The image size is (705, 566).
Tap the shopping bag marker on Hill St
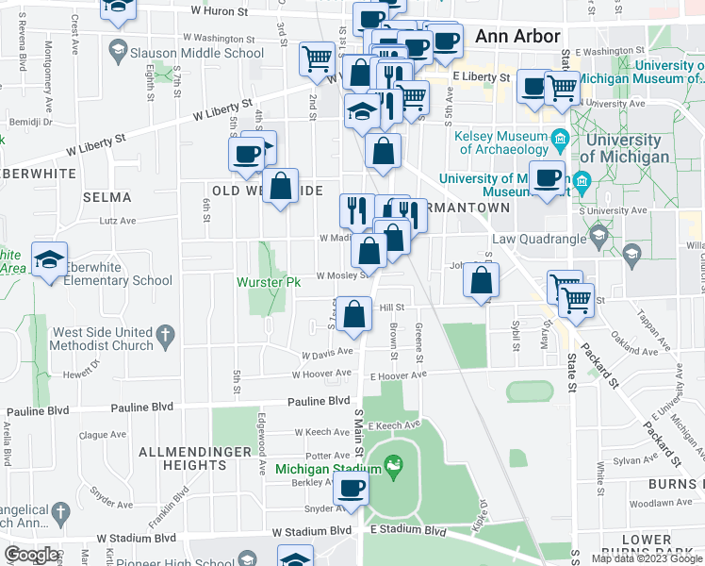(x=354, y=315)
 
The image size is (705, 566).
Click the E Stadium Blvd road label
(x=407, y=530)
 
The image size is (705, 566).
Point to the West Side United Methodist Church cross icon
(x=165, y=334)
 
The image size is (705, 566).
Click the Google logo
(x=32, y=555)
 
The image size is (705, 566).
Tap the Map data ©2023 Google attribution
(x=646, y=558)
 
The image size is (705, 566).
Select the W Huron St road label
(x=219, y=12)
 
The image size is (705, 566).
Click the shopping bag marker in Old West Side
(x=281, y=186)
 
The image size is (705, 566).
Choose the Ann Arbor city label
(x=517, y=37)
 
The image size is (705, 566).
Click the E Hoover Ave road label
(x=399, y=374)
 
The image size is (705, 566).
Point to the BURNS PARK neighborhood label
(x=676, y=483)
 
